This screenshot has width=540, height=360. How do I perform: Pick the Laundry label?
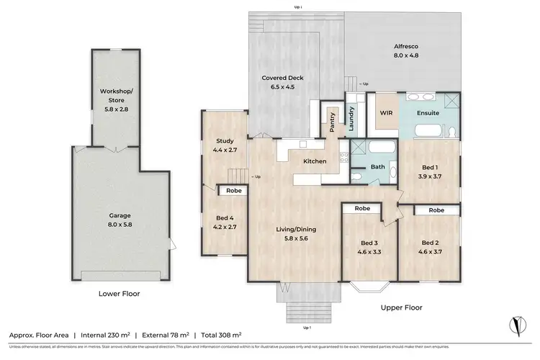(x=351, y=117)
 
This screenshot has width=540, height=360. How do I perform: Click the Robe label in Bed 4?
(x=233, y=191)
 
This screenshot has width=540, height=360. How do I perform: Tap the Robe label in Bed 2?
(x=436, y=210)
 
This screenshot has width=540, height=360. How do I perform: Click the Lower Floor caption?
(x=119, y=294)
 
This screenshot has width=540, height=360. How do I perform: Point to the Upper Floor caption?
(x=402, y=307)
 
